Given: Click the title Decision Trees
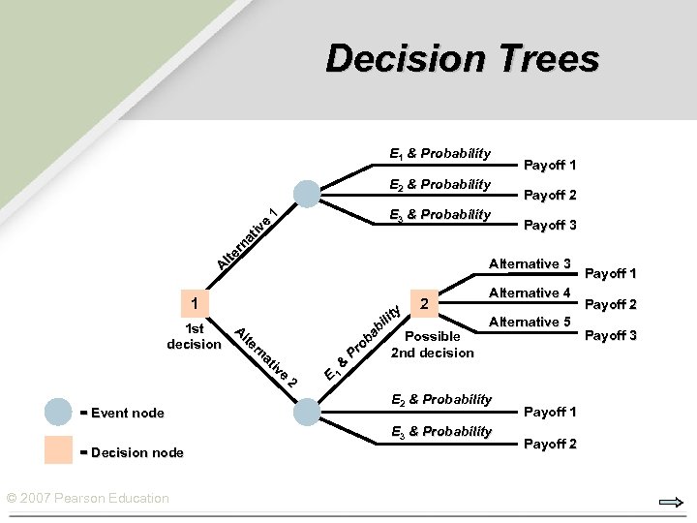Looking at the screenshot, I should click(462, 58).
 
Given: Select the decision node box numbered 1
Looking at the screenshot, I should click(195, 305).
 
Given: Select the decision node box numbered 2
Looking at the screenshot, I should click(425, 305).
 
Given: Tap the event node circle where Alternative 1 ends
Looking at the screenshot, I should click(307, 194).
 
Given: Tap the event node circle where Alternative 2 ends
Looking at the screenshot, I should click(307, 413).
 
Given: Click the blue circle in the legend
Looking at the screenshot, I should click(58, 412).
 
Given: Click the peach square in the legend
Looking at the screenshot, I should click(58, 450).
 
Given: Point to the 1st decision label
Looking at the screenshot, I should click(194, 336).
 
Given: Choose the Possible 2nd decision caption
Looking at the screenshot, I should click(433, 344).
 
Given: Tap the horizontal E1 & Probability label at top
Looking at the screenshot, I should click(439, 153).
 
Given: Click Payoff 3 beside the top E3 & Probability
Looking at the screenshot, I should click(550, 225).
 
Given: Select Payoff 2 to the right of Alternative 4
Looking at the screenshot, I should click(610, 304).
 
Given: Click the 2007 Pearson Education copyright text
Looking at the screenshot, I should click(87, 498).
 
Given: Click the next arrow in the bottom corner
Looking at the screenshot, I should click(669, 502).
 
